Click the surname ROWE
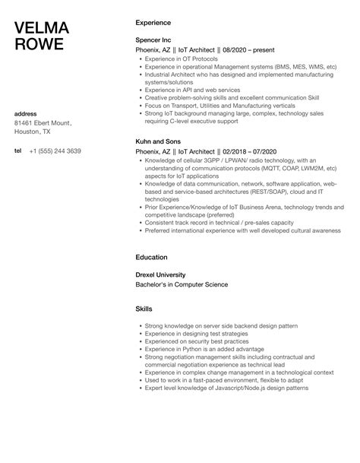point(39,44)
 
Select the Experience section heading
point(153,23)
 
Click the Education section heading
point(151,257)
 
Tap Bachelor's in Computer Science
point(182,284)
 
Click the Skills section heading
point(144,309)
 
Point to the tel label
point(18,151)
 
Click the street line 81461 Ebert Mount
point(43,123)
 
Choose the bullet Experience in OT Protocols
point(181,59)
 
